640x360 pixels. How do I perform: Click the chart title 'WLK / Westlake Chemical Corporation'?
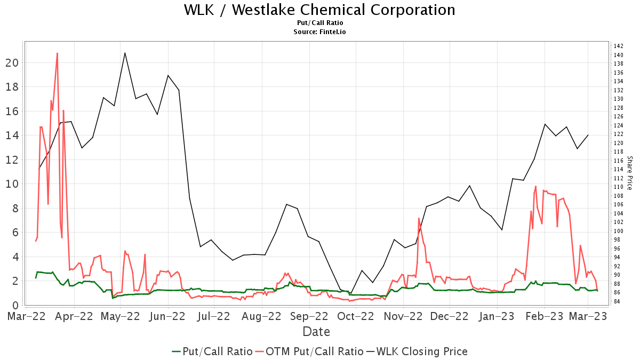pyautogui.click(x=319, y=10)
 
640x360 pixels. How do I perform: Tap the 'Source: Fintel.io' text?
pyautogui.click(x=319, y=31)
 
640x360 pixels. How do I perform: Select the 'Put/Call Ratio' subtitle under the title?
pyautogui.click(x=319, y=23)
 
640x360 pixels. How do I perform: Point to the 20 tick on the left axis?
pyautogui.click(x=12, y=62)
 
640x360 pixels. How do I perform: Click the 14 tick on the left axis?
pyautogui.click(x=12, y=135)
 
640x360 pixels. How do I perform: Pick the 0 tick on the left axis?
pyautogui.click(x=15, y=305)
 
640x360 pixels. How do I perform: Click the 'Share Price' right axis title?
pyautogui.click(x=629, y=173)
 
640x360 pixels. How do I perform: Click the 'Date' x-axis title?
pyautogui.click(x=316, y=332)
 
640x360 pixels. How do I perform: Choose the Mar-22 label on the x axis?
pyautogui.click(x=26, y=316)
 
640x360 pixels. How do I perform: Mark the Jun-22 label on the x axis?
pyautogui.click(x=168, y=316)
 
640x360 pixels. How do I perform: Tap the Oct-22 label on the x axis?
pyautogui.click(x=356, y=316)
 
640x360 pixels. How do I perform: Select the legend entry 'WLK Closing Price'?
pyautogui.click(x=421, y=351)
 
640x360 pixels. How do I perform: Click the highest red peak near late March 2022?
pyautogui.click(x=57, y=53)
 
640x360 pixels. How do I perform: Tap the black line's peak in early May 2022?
pyautogui.click(x=125, y=53)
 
